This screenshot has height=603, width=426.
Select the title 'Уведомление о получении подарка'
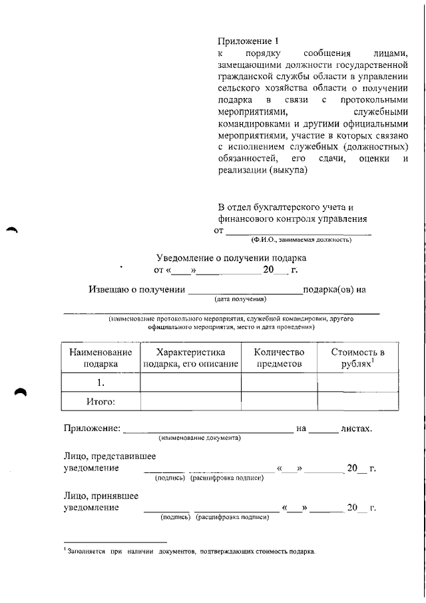coord(231,257)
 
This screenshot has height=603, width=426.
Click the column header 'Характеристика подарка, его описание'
coord(190,358)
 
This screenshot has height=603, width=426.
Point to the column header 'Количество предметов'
coord(279,358)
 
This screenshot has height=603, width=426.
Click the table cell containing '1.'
coord(101,382)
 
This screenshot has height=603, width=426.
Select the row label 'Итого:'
coord(101,402)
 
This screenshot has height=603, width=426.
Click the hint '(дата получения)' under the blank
coord(236,299)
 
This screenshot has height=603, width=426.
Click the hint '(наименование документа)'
coord(199,438)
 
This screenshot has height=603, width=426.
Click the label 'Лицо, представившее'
coord(110,456)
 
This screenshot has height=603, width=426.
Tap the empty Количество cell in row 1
coord(279,382)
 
